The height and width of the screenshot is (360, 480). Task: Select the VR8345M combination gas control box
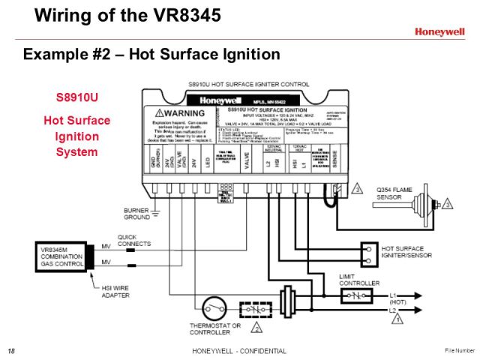click(62, 256)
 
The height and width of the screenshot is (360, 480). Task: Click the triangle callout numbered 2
click(257, 328)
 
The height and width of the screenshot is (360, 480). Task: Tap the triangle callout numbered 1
click(398, 318)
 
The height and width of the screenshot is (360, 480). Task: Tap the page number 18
click(11, 351)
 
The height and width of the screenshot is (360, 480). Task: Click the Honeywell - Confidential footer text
click(239, 351)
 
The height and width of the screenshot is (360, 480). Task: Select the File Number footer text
click(459, 350)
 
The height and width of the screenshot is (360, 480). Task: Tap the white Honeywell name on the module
click(220, 100)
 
